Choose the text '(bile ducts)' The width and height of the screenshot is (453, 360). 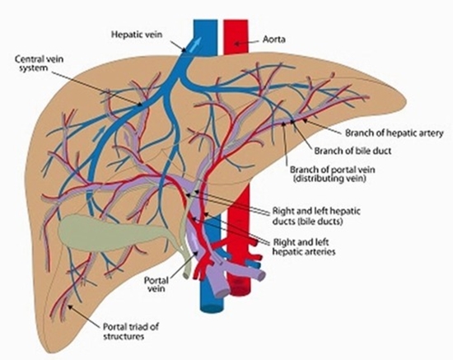301,221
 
